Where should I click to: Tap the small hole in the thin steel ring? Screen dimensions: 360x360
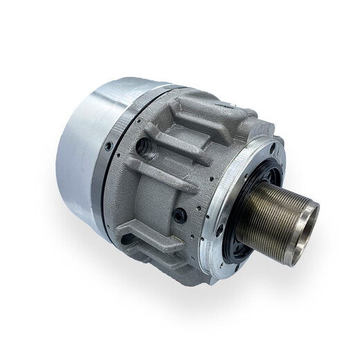(109, 147)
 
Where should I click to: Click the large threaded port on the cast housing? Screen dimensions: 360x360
(144, 146)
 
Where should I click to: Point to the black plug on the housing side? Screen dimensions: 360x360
(180, 215)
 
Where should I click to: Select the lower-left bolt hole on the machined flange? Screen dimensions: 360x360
(219, 231)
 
